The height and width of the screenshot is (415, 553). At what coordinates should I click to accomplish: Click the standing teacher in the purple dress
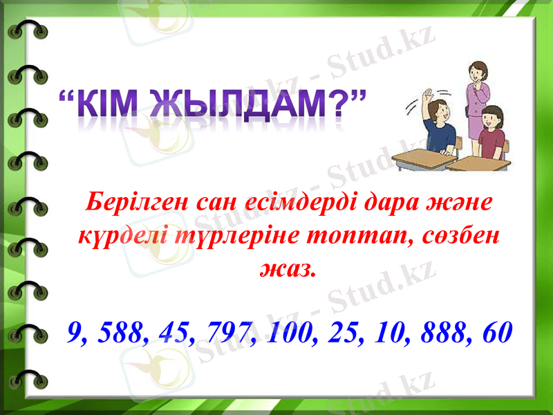point(476,97)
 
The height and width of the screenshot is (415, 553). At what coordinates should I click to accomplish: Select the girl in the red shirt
point(492,131)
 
